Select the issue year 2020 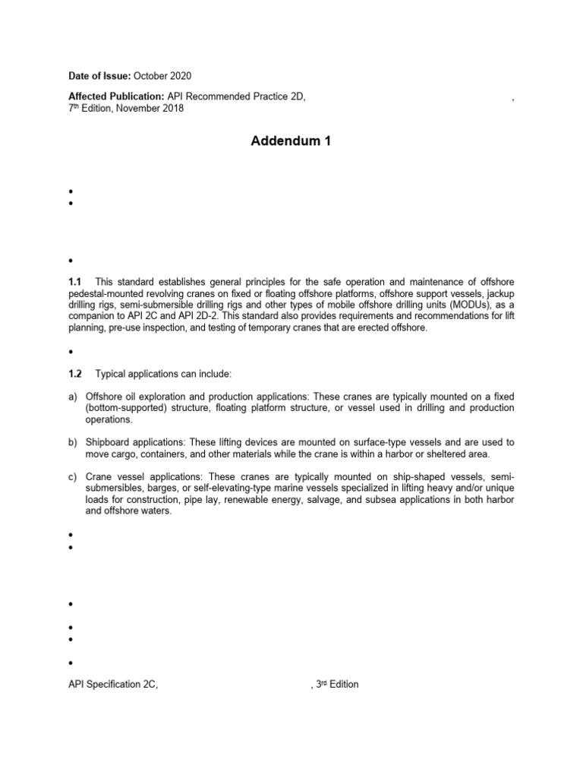tap(180, 75)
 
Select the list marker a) tap(74, 397)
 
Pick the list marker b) tap(74, 442)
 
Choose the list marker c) tap(74, 476)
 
